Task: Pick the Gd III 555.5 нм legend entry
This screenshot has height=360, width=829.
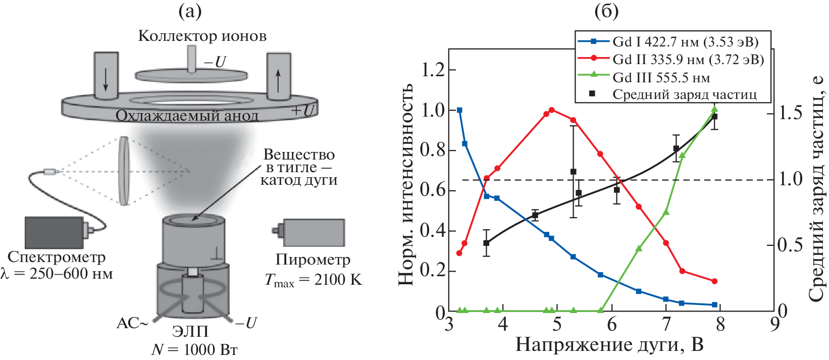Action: click(661, 78)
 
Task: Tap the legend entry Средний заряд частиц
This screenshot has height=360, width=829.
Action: click(684, 94)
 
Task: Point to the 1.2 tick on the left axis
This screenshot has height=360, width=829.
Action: click(433, 70)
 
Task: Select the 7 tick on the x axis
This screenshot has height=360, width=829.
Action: click(666, 324)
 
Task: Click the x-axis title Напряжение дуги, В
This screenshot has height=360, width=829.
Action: click(609, 344)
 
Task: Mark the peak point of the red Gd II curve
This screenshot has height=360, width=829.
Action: click(551, 110)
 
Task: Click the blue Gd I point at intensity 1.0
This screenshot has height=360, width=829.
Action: click(459, 110)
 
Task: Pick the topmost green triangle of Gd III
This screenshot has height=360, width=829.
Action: click(714, 109)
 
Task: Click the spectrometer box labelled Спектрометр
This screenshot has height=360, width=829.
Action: click(54, 232)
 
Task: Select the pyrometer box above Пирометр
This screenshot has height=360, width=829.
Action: click(314, 232)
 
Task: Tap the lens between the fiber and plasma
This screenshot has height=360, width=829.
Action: click(124, 171)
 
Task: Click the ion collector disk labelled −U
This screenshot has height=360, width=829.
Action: click(191, 75)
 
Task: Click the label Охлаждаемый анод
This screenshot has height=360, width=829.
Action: click(187, 116)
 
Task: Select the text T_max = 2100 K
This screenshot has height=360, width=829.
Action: click(313, 280)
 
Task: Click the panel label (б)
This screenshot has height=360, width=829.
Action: click(606, 11)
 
